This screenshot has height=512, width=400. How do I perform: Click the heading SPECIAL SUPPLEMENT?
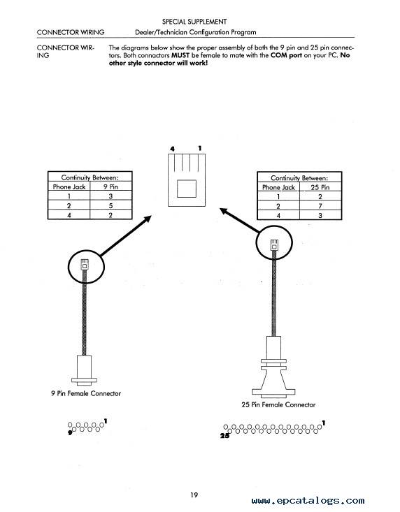coord(194,22)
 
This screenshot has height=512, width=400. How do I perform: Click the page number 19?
coord(194,495)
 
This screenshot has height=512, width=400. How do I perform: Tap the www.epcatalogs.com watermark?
coord(308,500)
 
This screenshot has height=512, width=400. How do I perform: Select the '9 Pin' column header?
coord(110,186)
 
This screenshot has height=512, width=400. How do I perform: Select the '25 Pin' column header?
coord(320,187)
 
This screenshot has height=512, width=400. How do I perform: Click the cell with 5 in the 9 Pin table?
coord(110,205)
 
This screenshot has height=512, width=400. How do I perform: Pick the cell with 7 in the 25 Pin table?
coord(320,206)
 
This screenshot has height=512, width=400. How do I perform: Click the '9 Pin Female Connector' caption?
coord(86,393)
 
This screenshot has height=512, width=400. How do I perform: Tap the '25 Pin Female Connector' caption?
coord(278,404)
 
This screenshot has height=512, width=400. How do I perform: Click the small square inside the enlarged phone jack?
coord(187,189)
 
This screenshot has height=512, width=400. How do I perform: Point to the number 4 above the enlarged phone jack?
coord(172,149)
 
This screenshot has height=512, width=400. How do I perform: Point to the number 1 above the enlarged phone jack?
coord(200,148)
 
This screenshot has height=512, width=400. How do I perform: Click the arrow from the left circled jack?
coord(126,235)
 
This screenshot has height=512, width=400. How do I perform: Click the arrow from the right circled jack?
coord(240,221)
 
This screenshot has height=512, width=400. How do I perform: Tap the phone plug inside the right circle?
coord(275,245)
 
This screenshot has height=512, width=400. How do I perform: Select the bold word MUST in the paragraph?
coord(180,55)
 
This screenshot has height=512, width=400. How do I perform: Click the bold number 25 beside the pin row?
coord(224,436)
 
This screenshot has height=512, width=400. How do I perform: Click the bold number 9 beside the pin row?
coord(70,433)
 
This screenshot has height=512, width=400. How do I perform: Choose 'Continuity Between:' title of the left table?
coord(90,177)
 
